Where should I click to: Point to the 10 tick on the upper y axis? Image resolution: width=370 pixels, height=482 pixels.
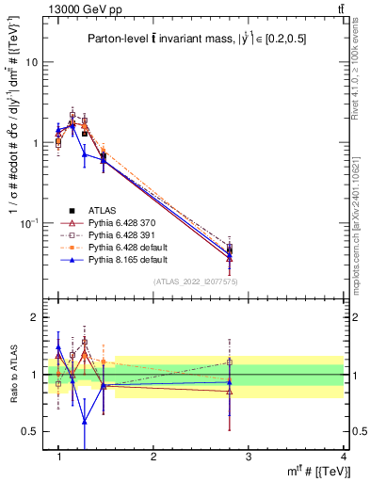pyautogui.click(x=32, y=62)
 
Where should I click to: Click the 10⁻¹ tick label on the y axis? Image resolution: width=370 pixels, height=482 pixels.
pyautogui.click(x=30, y=223)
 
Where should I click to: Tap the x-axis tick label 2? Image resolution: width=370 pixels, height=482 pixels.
pyautogui.click(x=153, y=457)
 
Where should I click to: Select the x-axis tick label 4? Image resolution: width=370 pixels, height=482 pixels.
pyautogui.click(x=343, y=457)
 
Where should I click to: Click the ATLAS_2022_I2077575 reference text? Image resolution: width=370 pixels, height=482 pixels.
pyautogui.click(x=195, y=281)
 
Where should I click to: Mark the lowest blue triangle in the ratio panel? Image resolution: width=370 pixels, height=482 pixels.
pyautogui.click(x=85, y=421)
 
